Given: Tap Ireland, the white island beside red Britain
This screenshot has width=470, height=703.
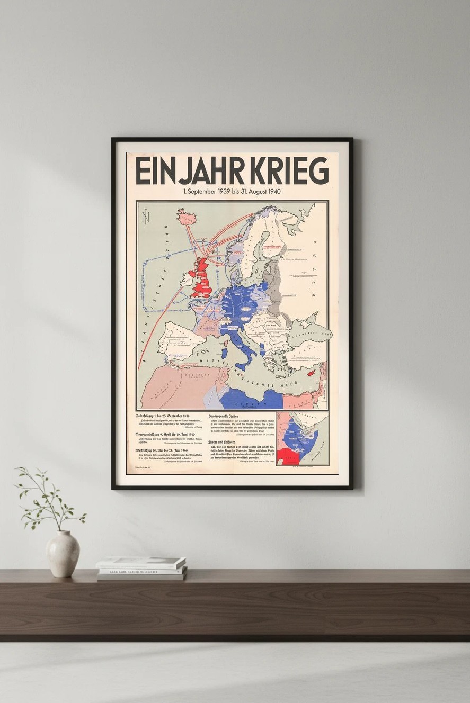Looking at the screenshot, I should [x=187, y=278].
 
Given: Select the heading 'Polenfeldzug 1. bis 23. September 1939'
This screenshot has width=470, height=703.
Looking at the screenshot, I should [x=163, y=417].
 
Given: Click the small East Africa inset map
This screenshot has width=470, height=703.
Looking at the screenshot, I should [x=302, y=438].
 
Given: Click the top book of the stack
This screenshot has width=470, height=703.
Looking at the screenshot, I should [x=141, y=562].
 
